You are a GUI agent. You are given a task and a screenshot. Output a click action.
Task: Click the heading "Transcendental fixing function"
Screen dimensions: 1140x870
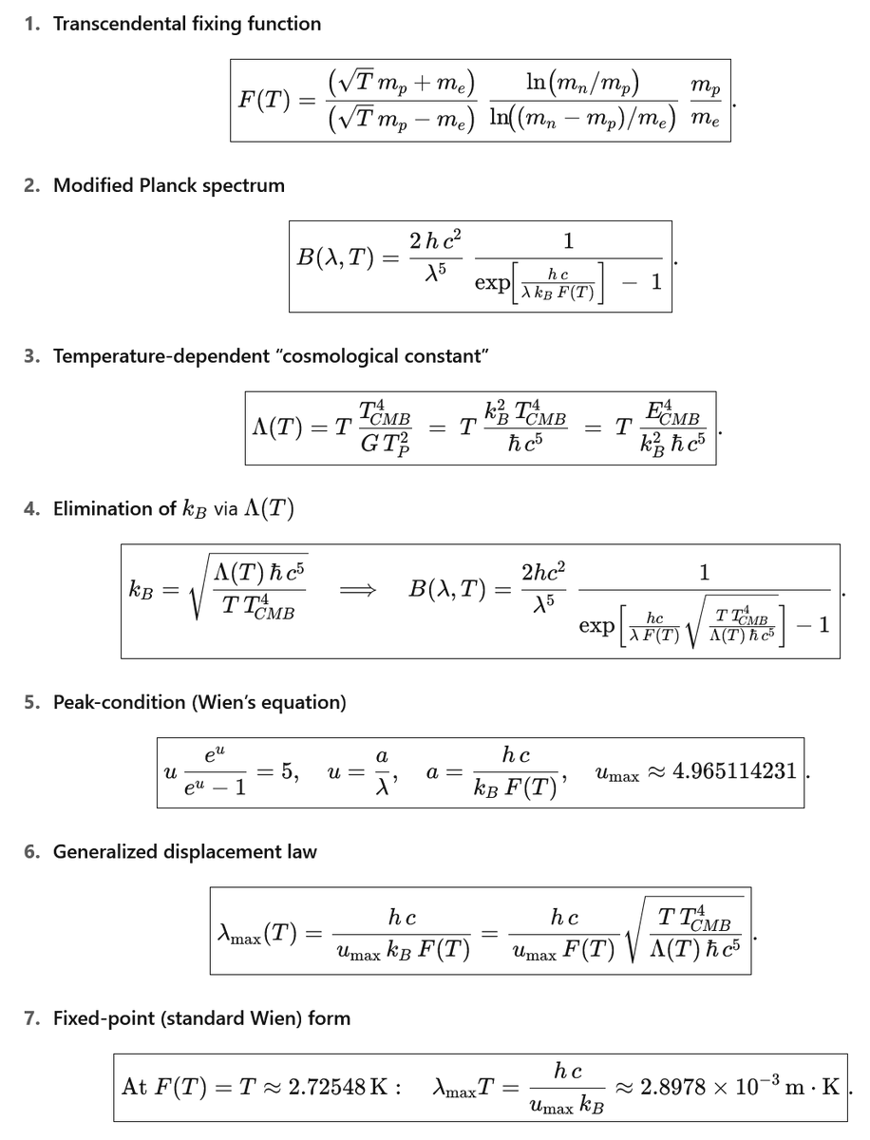tap(186, 24)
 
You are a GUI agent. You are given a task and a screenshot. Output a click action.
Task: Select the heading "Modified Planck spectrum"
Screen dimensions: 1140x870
tap(168, 185)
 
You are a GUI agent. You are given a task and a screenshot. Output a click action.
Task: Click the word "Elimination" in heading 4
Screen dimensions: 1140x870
tap(99, 509)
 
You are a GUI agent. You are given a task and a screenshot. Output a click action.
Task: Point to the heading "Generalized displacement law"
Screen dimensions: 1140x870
tap(184, 852)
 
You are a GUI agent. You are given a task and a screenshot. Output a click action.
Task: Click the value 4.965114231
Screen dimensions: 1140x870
tap(734, 771)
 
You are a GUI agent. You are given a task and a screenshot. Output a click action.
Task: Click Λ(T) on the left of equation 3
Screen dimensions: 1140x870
tap(276, 427)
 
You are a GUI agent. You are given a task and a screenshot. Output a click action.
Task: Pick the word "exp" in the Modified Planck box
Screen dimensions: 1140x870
tap(493, 283)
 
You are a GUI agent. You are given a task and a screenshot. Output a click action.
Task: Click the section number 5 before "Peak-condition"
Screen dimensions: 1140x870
tap(32, 703)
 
